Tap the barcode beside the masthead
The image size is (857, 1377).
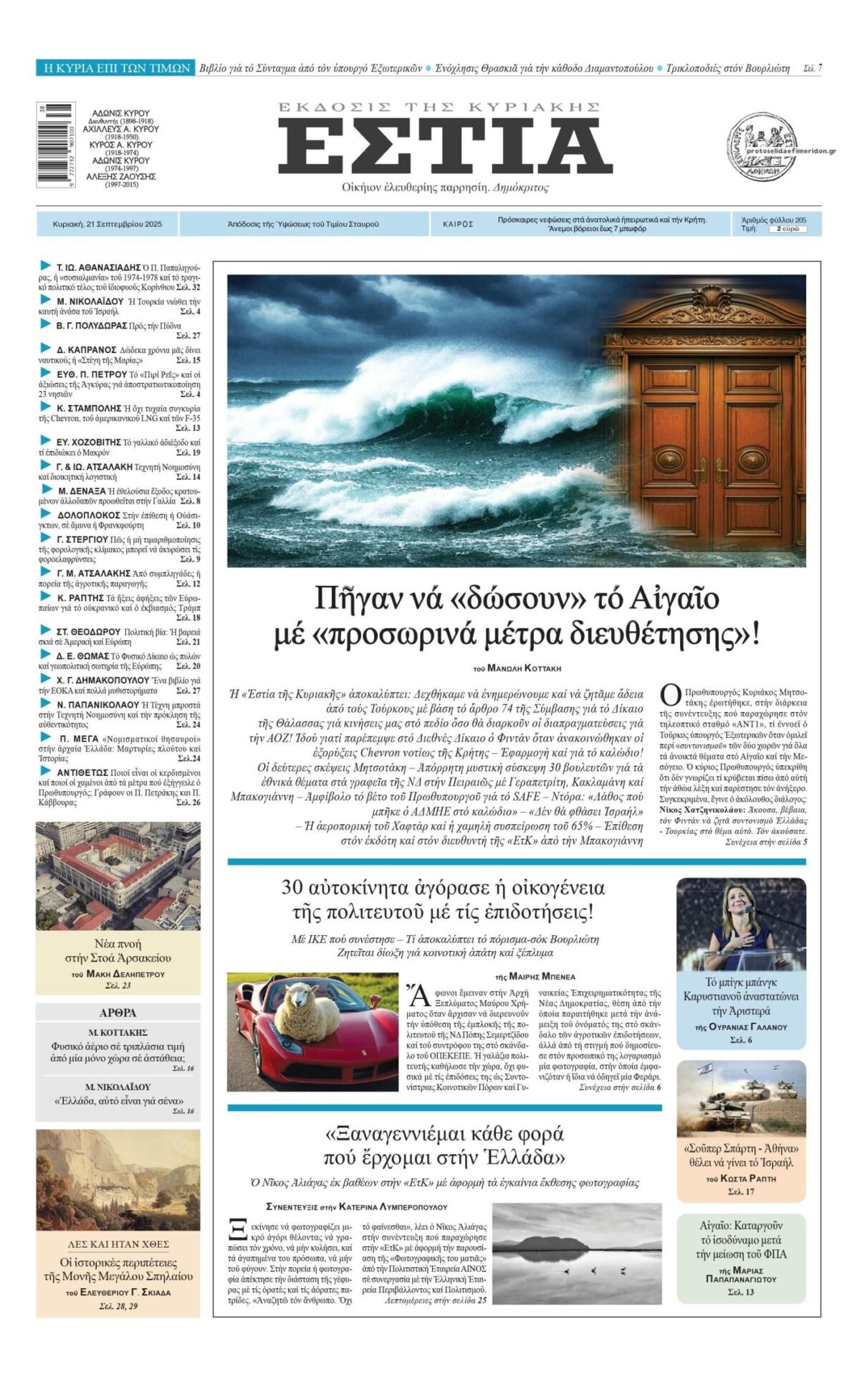[x=56, y=144]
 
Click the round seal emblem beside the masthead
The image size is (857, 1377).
[x=762, y=147]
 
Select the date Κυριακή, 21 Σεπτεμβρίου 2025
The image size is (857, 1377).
[x=107, y=224]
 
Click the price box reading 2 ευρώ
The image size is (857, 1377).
[x=787, y=229]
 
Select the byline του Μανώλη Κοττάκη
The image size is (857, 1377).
[x=517, y=668]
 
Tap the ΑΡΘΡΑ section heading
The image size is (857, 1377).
[x=118, y=1013]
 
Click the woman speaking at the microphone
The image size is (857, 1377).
[x=738, y=925]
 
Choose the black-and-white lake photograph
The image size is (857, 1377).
[x=577, y=1254]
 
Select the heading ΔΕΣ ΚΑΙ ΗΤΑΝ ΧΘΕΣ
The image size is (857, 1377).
[x=118, y=1244]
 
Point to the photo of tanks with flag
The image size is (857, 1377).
[x=741, y=1099]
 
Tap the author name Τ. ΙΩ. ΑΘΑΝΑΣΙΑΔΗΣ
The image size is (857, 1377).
[x=98, y=268]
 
